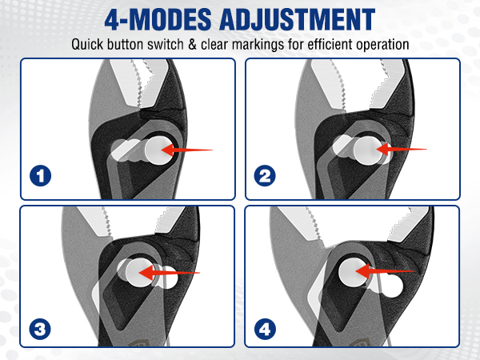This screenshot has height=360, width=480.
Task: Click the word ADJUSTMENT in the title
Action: pos(298,19)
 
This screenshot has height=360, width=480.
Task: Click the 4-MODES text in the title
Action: pos(158,19)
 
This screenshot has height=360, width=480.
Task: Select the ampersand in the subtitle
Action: pos(192,44)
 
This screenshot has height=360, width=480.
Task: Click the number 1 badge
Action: pos(41,176)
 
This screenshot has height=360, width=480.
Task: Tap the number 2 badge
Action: pos(265,176)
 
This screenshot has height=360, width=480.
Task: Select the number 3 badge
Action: pos(40,329)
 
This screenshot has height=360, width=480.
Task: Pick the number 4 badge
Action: pos(265,329)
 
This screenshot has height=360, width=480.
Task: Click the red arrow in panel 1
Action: pos(186,150)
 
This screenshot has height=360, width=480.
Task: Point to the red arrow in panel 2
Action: pos(402,149)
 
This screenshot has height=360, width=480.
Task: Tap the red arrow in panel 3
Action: pos(169,273)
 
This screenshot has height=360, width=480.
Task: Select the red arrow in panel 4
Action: pos(385,271)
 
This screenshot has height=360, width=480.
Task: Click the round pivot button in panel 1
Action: pos(158,150)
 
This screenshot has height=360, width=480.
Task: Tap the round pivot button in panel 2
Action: pos(369,150)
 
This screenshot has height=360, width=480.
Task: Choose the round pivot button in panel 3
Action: pos(140,273)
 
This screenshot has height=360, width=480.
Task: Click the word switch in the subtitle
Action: pos(166,44)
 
